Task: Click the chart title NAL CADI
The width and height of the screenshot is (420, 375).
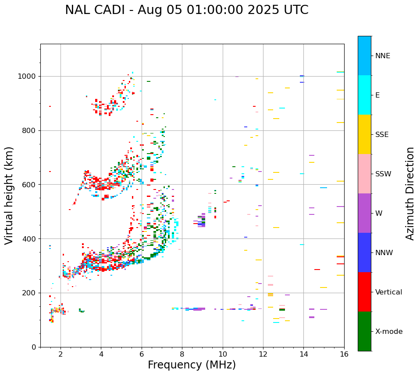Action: (x=186, y=10)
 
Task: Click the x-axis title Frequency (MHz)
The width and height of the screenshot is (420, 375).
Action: (x=192, y=365)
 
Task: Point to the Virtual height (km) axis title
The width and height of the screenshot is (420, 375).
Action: (x=9, y=195)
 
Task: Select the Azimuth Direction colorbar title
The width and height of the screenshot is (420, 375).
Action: (x=410, y=193)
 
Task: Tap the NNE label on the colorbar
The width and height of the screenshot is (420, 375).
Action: (x=382, y=56)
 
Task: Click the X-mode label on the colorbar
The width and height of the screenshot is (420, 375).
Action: (x=388, y=332)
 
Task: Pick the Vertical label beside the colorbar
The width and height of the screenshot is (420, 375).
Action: (x=388, y=292)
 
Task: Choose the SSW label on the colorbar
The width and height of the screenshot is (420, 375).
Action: (x=383, y=174)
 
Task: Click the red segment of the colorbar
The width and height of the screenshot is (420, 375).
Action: (x=364, y=292)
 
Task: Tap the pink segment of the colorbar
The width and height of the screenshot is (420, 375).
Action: (x=364, y=174)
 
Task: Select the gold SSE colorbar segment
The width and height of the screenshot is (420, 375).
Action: (x=364, y=134)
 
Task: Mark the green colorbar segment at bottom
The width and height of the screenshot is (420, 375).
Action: (x=364, y=331)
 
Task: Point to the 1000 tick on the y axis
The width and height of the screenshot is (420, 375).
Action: (x=27, y=76)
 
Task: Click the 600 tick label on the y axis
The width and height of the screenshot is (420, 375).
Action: (x=29, y=185)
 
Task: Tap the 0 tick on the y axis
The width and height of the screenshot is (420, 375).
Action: (x=34, y=347)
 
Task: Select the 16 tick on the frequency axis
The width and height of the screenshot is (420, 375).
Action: (x=344, y=354)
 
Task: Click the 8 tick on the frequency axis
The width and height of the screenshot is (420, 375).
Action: (x=182, y=354)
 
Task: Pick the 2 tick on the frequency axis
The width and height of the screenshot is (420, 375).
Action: (x=61, y=354)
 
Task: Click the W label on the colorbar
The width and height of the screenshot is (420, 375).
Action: (x=378, y=214)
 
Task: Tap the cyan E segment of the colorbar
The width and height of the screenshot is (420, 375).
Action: (x=364, y=95)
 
